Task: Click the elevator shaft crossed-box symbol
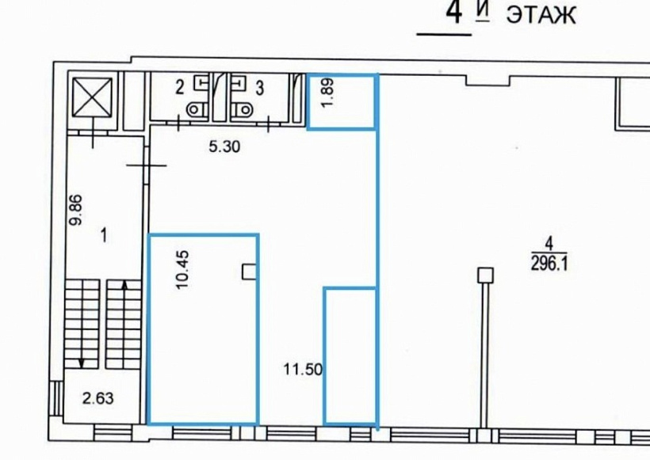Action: coord(92,97)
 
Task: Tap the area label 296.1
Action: coord(549,263)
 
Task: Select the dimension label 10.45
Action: coord(183,269)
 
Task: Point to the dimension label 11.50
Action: coord(303,369)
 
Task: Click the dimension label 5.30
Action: coord(224,146)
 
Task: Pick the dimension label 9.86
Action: coord(76,210)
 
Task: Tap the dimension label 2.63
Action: coord(97,398)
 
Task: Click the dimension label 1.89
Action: coord(327,93)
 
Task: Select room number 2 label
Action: coord(179,88)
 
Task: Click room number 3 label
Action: coord(259,88)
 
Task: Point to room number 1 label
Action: coord(104,236)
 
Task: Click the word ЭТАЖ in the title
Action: coord(541,16)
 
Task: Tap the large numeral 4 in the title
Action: coord(454,13)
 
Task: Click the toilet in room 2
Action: coord(197,110)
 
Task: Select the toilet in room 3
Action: coord(242,110)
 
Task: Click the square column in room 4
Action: coord(484,275)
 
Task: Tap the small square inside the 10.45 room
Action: coord(249,272)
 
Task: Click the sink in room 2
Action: coord(201,82)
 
